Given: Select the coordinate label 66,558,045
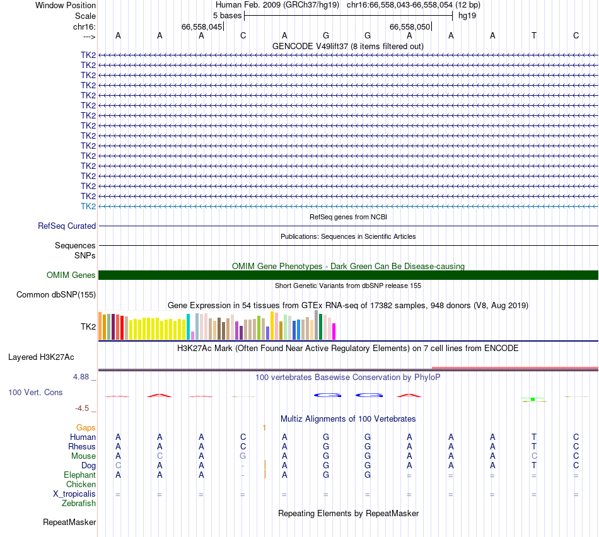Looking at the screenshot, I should [202, 26].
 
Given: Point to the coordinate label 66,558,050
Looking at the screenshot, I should [410, 26].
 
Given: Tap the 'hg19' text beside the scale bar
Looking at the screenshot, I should [467, 15].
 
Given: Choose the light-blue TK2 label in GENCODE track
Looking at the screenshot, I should [88, 206].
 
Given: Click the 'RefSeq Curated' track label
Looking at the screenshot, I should [67, 226].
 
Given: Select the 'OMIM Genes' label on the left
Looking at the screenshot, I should [71, 275].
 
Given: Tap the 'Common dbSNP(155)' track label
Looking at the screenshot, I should [56, 294].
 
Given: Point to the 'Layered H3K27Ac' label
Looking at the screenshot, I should [41, 357].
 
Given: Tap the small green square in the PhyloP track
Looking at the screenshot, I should [533, 399].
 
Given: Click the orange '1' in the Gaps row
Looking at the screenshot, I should [265, 427].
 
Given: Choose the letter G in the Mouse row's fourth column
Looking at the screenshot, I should [243, 456].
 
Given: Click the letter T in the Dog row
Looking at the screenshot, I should [534, 465].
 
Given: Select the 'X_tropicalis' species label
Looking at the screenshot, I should [74, 494].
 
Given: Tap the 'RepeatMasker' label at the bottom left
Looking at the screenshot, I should [69, 522].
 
